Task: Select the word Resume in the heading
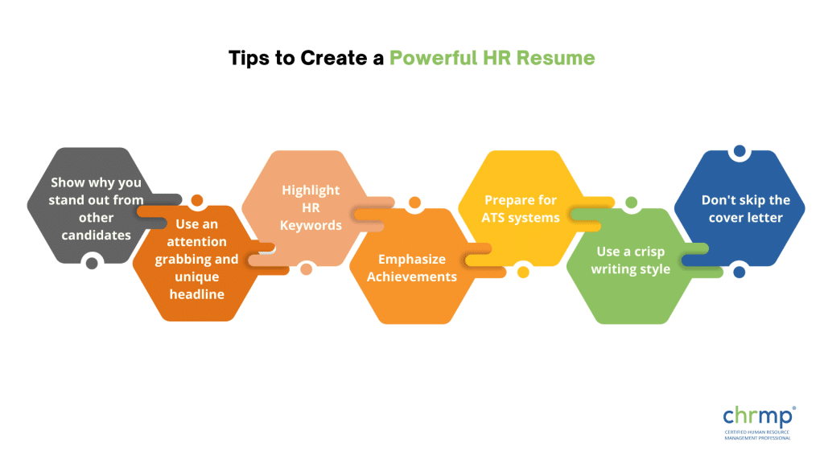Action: pyautogui.click(x=558, y=59)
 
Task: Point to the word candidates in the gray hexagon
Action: pyautogui.click(x=96, y=235)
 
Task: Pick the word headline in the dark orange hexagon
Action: pyautogui.click(x=197, y=293)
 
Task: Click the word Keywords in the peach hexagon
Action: pyautogui.click(x=311, y=225)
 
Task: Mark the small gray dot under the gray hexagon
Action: pyautogui.click(x=92, y=262)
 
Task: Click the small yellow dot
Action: pyautogui.click(x=523, y=272)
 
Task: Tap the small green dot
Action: pyautogui.click(x=631, y=203)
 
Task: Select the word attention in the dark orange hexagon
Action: pyautogui.click(x=197, y=241)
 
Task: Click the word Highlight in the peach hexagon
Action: pyautogui.click(x=311, y=190)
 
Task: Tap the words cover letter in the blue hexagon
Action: pyautogui.click(x=739, y=217)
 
